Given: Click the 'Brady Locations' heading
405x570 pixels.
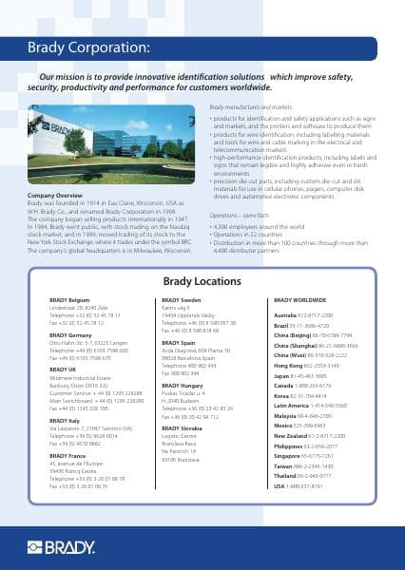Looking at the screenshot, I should (x=202, y=282).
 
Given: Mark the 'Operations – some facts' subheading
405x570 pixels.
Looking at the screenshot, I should (x=244, y=217).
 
